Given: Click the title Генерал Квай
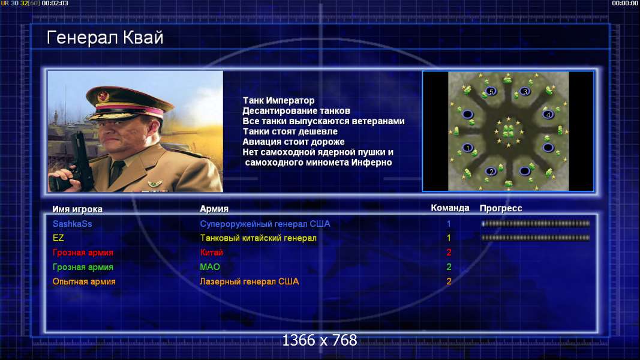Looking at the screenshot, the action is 105,38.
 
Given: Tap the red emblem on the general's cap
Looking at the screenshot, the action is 103,97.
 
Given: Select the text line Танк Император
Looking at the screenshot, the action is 279,100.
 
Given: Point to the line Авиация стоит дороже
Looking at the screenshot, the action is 293,142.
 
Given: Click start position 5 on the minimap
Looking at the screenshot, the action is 491,91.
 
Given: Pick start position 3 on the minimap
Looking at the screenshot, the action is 525,91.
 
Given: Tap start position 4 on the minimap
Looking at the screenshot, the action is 548,115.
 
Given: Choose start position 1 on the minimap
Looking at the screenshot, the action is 468,148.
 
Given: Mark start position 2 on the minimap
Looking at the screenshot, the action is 491,172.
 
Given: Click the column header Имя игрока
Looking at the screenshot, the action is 77,209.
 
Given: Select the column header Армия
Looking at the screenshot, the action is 214,209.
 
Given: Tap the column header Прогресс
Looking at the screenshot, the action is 501,208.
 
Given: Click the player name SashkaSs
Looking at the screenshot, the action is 72,224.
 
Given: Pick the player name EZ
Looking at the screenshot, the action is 58,238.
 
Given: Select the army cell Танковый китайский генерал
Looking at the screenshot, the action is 258,238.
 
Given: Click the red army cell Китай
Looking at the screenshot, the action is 211,253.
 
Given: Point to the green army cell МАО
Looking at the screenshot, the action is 210,267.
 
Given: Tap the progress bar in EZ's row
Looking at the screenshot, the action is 536,238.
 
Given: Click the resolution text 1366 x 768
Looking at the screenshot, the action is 320,340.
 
